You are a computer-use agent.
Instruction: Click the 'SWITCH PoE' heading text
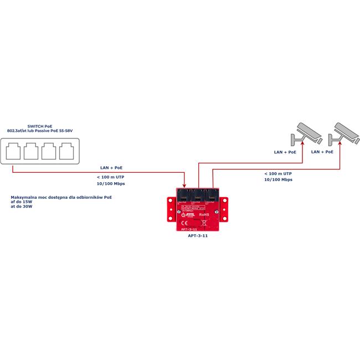[x=40, y=126]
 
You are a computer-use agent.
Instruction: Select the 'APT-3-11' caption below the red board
[x=198, y=235]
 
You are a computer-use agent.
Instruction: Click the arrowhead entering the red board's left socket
[x=184, y=187]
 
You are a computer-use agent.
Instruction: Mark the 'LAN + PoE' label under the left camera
[x=285, y=151]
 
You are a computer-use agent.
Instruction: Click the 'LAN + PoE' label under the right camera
[x=322, y=151]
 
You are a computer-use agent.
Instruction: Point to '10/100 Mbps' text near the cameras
[x=278, y=179]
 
